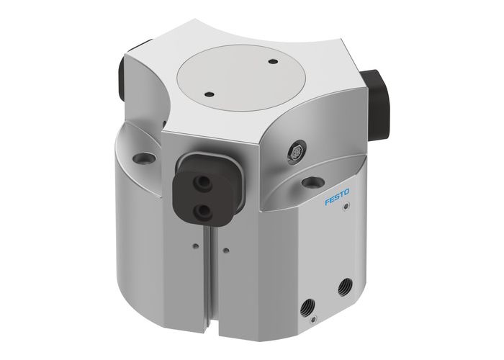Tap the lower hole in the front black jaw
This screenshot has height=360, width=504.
[204, 209]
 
